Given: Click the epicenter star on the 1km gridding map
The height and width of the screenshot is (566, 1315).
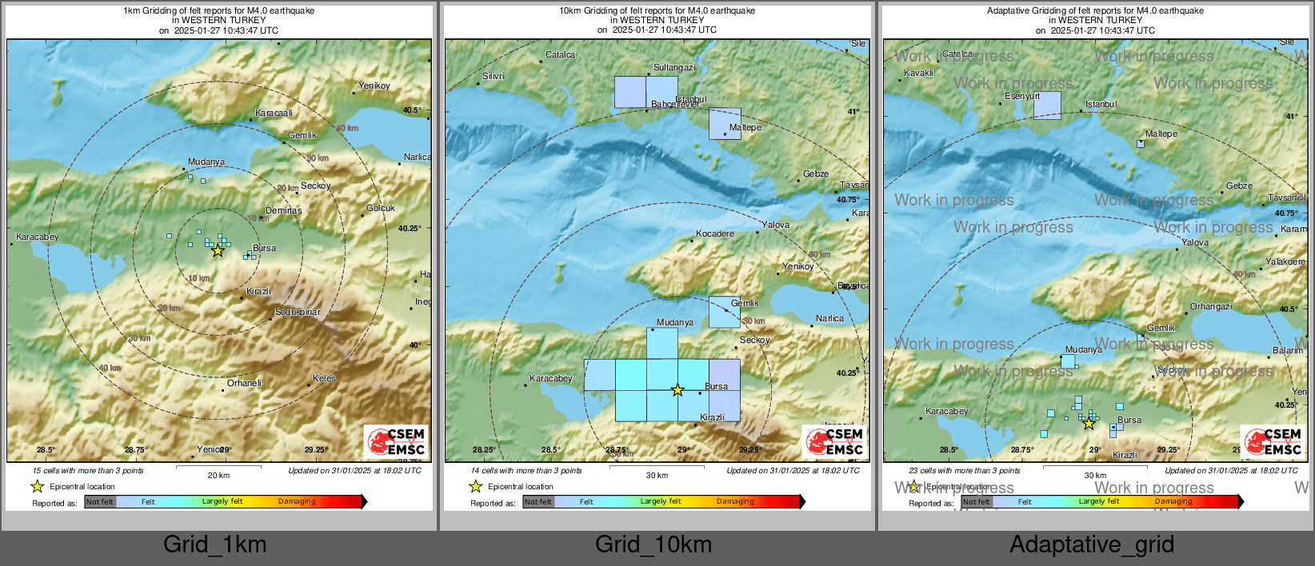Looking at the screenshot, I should (218, 250).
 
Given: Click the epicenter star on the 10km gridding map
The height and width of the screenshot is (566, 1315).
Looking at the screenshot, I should (677, 390).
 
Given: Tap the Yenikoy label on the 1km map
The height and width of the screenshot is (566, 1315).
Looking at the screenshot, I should (374, 86).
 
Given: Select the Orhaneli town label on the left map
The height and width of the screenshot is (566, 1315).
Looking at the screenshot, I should (244, 383).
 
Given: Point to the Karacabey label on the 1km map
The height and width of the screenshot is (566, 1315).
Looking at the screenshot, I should (38, 237).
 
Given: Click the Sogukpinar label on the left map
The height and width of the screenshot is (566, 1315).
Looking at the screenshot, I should (298, 312).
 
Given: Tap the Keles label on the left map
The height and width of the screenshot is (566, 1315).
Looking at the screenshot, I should (324, 378).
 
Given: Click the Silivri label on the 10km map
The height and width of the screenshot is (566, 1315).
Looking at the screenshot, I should (493, 76).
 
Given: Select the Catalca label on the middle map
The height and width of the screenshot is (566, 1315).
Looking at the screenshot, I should (560, 54).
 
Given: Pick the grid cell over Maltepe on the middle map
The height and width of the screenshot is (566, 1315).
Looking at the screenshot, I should (725, 124).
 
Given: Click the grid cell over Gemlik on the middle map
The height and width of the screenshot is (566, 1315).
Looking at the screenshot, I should (725, 313).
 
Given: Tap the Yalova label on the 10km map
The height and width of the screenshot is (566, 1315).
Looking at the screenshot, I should (775, 225).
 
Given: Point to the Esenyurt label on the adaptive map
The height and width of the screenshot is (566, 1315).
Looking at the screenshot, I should (1022, 96).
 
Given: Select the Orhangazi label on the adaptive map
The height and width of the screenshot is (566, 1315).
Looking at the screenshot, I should (1211, 306).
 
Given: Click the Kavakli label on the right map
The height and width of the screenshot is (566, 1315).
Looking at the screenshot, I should (918, 73).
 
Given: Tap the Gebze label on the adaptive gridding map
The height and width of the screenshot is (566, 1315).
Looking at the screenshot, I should (1239, 185).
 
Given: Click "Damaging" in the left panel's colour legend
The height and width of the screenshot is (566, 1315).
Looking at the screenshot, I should (297, 501).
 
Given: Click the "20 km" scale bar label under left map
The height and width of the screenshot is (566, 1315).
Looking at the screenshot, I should (218, 475).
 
